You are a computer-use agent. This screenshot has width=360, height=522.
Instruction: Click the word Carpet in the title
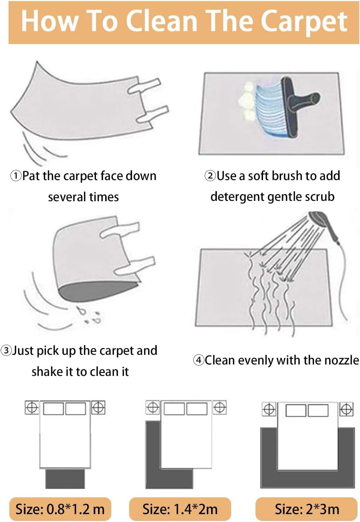point(304,22)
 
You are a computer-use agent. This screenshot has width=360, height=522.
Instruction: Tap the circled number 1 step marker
point(16,176)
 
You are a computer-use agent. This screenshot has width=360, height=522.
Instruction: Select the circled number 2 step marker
point(210,176)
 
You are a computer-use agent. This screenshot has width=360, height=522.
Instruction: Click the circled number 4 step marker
point(198,360)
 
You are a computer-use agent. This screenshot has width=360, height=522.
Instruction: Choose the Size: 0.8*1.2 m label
point(60,509)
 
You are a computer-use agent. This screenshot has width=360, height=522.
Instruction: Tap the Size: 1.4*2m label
point(180,509)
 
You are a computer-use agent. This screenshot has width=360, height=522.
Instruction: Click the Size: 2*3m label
point(307,509)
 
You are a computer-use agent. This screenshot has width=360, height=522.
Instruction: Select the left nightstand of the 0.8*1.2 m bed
point(32,407)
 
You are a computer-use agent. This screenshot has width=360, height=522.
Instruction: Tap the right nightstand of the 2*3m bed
point(346,409)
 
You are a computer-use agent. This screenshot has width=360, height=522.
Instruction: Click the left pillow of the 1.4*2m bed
point(174,409)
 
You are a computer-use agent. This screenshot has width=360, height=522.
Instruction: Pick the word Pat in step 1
point(31,176)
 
